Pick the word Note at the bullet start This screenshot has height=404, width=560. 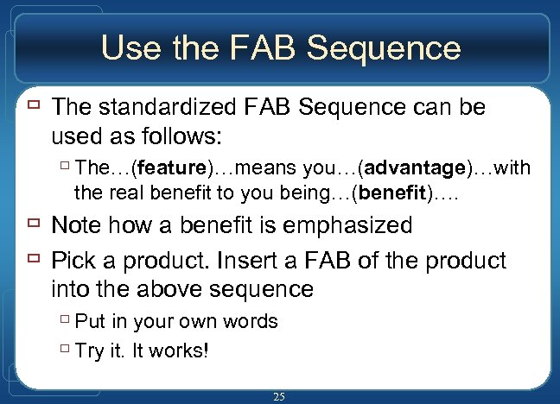77,226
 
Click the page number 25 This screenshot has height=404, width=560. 279,396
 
